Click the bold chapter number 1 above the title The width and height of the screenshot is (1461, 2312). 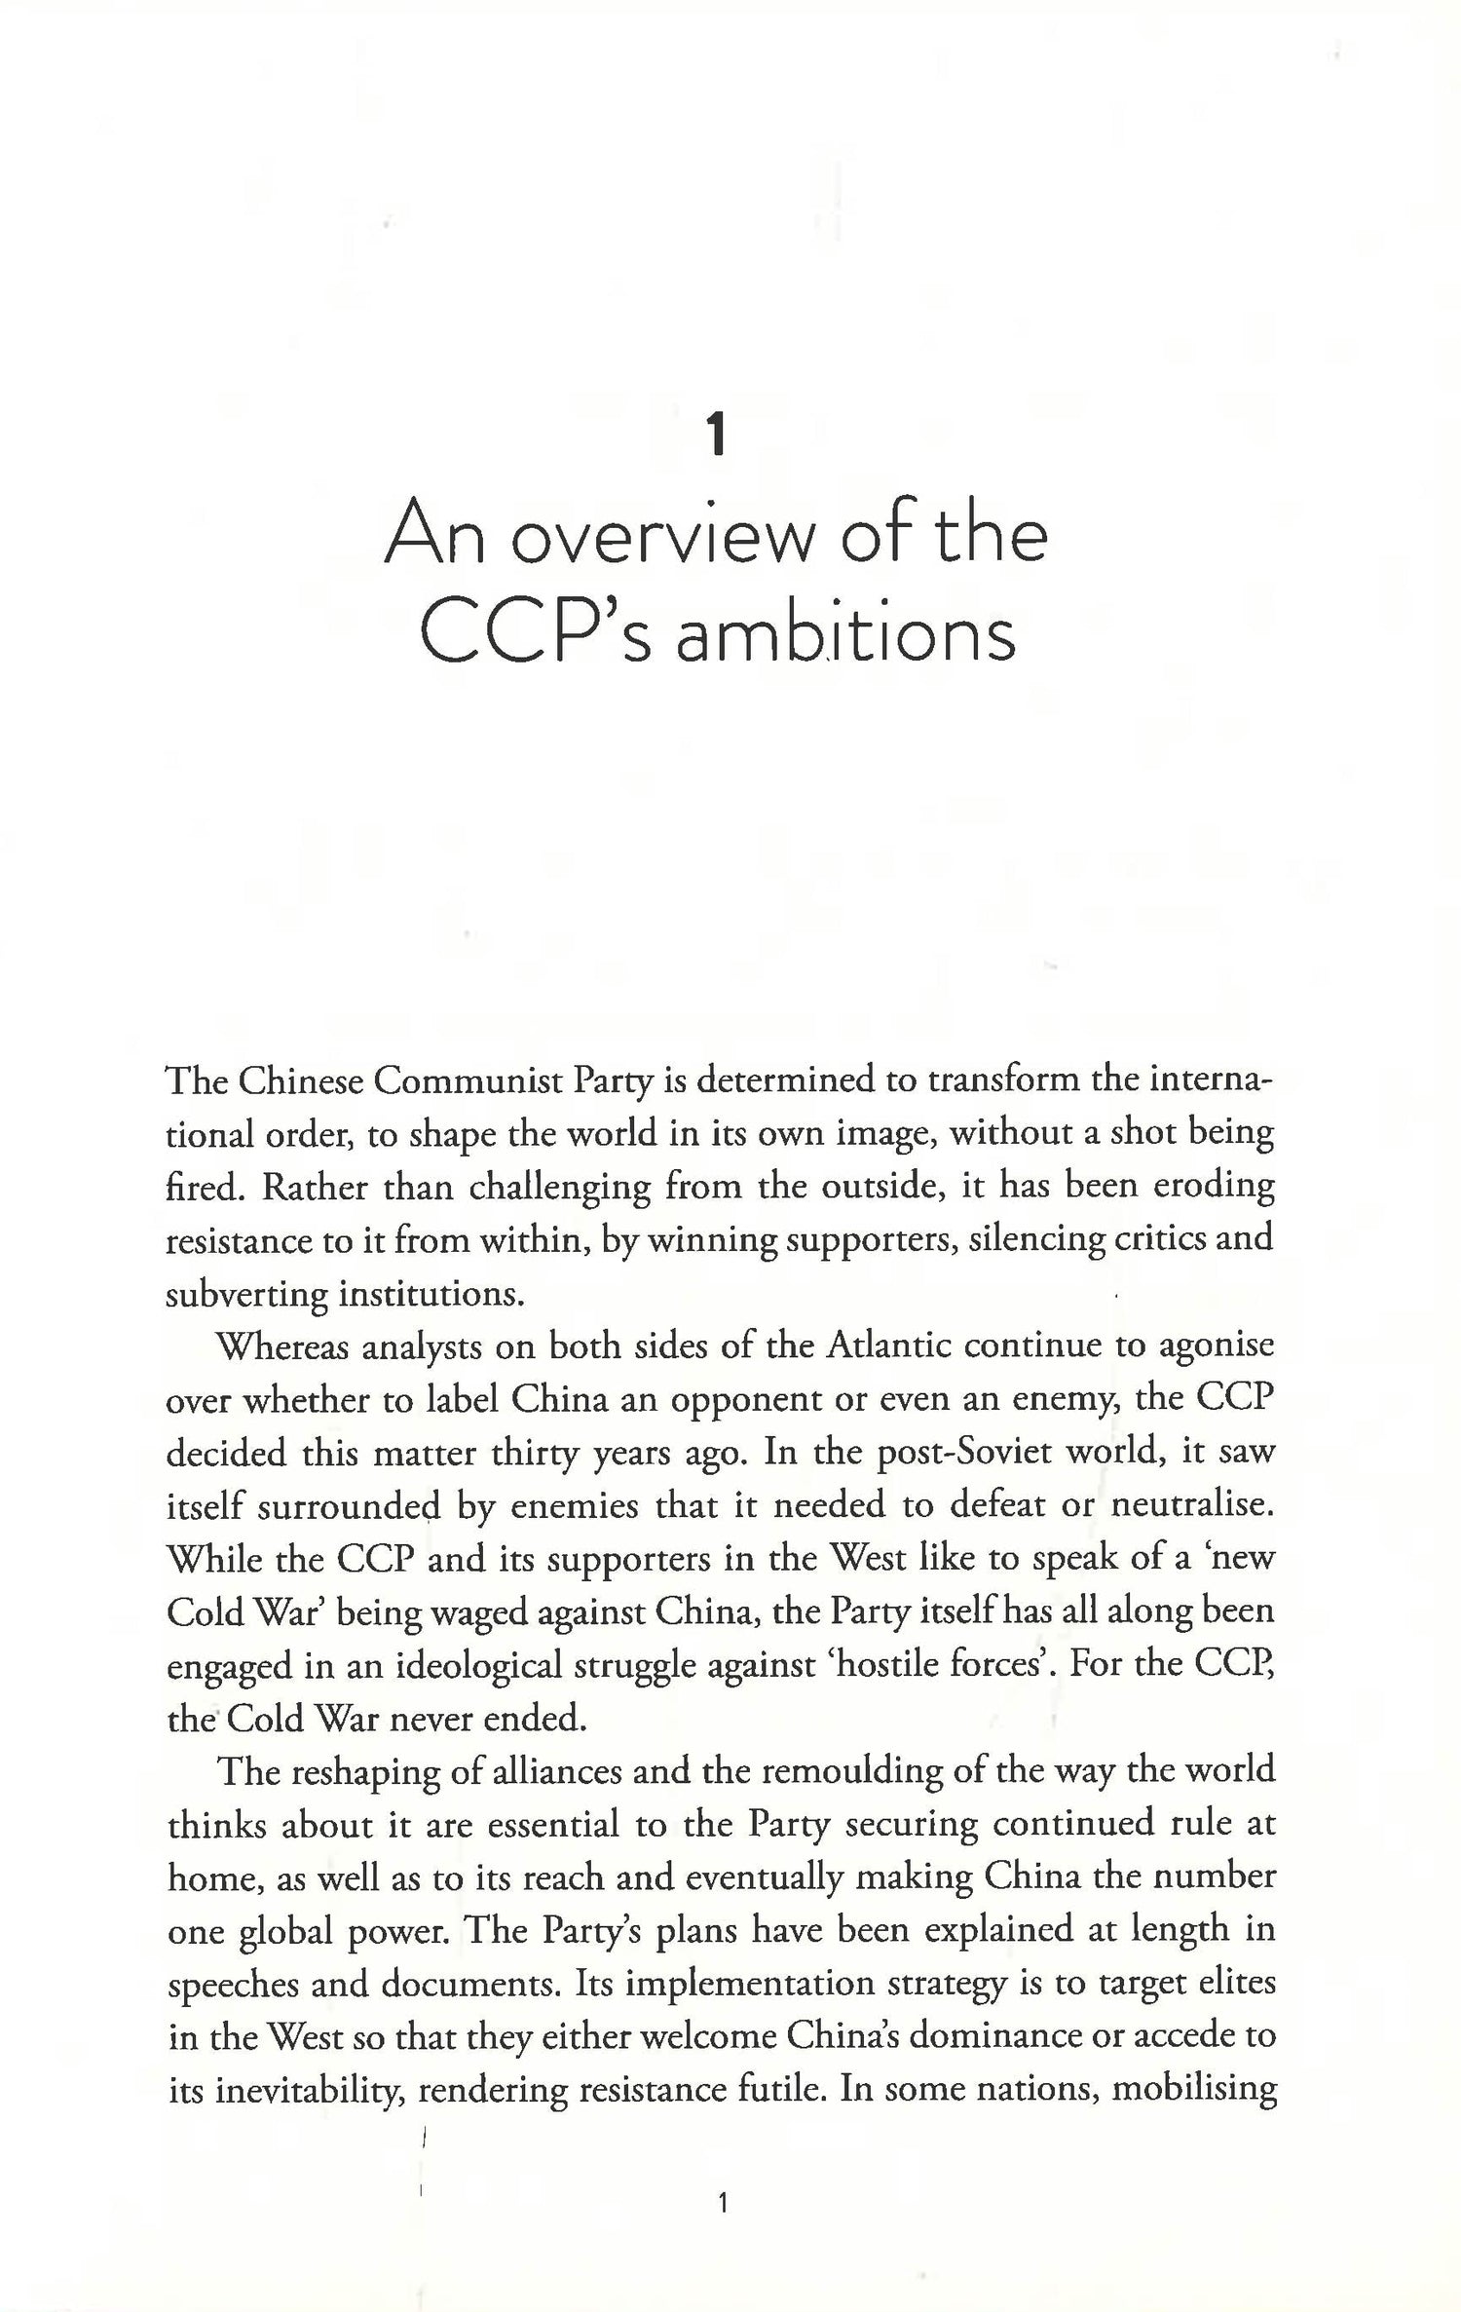pyautogui.click(x=718, y=436)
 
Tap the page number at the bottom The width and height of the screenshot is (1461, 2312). pyautogui.click(x=722, y=2203)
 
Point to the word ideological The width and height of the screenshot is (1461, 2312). pyautogui.click(x=479, y=1664)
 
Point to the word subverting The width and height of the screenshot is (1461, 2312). pyautogui.click(x=245, y=1294)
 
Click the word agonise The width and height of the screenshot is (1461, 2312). pyautogui.click(x=1215, y=1346)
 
